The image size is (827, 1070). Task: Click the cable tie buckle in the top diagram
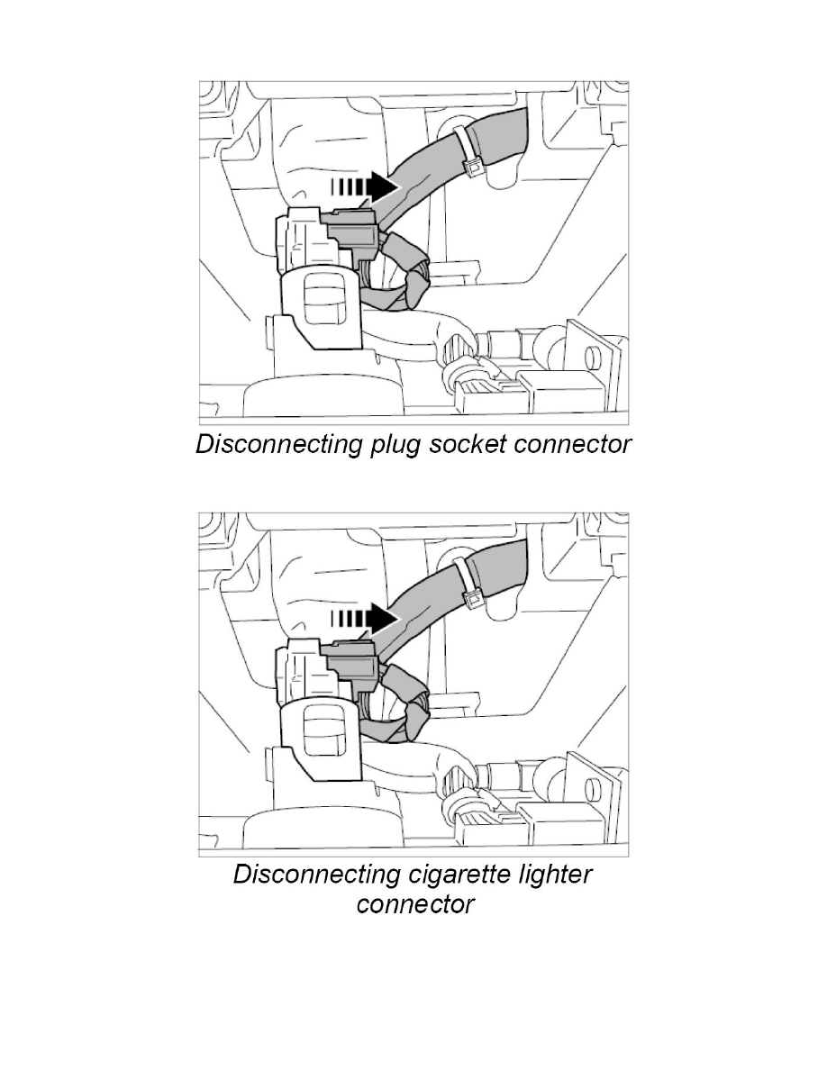click(x=470, y=168)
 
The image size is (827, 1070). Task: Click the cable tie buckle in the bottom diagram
click(x=470, y=599)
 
